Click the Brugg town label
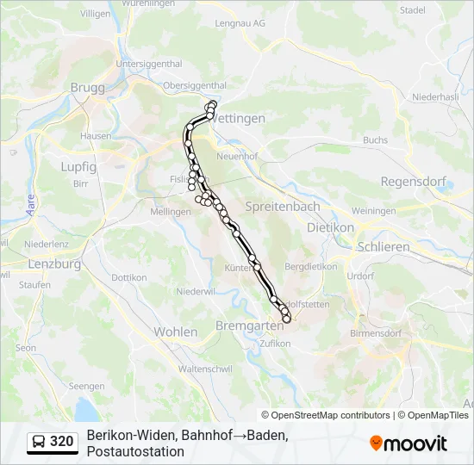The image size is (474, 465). (x=86, y=88)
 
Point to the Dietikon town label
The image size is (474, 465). (x=330, y=227)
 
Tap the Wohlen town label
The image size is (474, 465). (x=176, y=332)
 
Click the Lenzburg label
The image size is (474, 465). (x=54, y=264)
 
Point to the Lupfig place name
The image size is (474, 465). (x=78, y=167)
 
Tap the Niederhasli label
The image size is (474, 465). (x=436, y=97)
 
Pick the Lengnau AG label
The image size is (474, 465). (x=240, y=23)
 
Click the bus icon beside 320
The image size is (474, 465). (x=40, y=442)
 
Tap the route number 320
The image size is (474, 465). (x=62, y=442)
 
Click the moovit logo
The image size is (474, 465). (x=409, y=443)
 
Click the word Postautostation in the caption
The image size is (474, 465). (x=135, y=451)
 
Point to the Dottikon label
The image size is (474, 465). (x=129, y=277)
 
